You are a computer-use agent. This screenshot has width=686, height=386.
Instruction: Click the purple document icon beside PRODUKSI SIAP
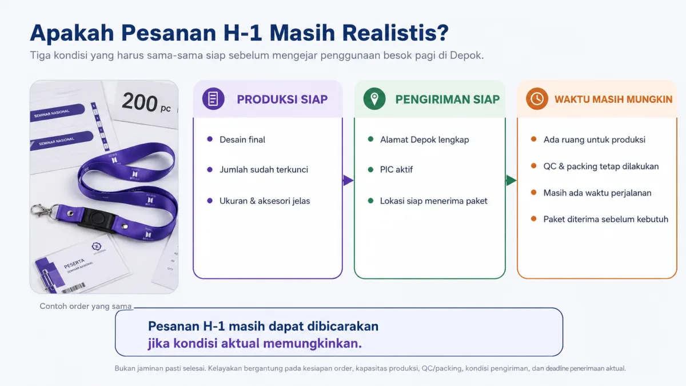click(x=213, y=98)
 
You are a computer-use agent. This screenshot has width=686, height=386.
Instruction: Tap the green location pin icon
click(x=374, y=98)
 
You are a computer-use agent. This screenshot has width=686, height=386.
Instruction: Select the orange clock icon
click(x=537, y=98)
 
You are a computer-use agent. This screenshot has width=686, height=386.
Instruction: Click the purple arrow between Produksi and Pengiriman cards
click(x=348, y=180)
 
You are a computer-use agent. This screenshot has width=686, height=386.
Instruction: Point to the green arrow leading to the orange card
click(x=511, y=180)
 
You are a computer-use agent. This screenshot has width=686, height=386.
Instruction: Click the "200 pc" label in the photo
click(x=146, y=102)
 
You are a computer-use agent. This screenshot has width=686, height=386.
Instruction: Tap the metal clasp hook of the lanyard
click(x=41, y=210)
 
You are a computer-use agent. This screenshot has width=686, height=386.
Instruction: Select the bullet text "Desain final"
click(x=242, y=140)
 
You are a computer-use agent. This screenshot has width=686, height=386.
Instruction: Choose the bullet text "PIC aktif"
click(x=396, y=169)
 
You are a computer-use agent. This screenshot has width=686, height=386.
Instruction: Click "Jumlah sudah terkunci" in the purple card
click(x=264, y=169)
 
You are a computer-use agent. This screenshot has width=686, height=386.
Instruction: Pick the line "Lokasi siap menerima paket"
click(x=434, y=201)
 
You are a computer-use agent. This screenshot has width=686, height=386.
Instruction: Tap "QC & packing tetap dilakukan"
click(x=601, y=166)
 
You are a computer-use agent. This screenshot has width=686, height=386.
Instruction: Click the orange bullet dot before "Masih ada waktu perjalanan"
click(x=533, y=192)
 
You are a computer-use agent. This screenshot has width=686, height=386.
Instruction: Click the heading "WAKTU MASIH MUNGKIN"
click(x=613, y=100)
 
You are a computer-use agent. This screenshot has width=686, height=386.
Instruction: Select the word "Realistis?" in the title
click(x=396, y=33)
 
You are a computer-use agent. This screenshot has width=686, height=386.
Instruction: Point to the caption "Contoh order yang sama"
click(x=85, y=306)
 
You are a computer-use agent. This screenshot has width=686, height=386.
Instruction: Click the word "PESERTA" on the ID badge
click(x=74, y=264)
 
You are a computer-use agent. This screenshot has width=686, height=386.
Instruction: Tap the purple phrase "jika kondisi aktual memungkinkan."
click(x=255, y=343)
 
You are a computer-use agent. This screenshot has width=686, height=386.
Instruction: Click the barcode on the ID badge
click(x=74, y=288)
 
